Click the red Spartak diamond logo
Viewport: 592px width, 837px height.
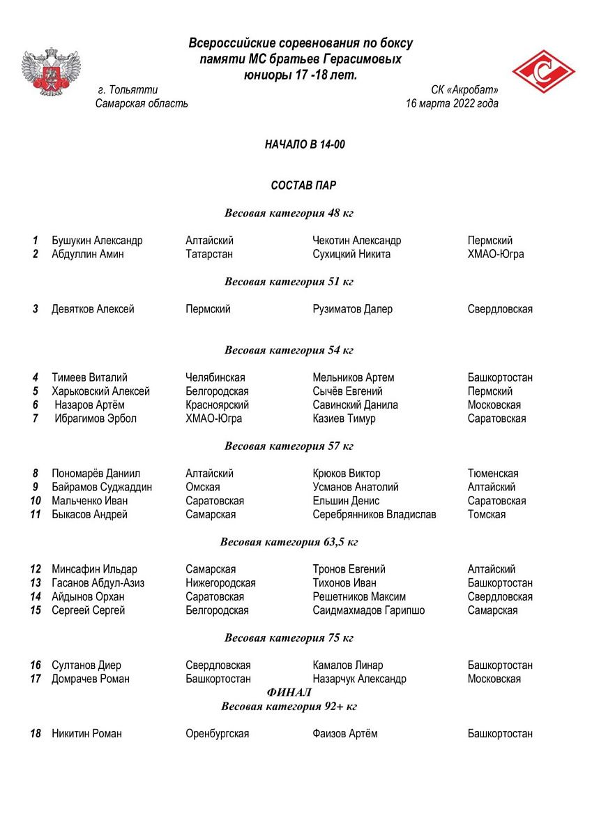click(543, 72)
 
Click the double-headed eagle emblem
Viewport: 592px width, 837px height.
click(51, 72)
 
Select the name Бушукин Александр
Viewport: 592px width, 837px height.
click(97, 241)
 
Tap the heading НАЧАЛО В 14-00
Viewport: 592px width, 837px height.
click(305, 144)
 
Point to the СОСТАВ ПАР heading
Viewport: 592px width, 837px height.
click(303, 186)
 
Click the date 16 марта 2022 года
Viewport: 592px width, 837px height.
click(452, 104)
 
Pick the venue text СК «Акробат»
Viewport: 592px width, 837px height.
click(464, 90)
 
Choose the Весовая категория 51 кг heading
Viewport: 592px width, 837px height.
click(289, 282)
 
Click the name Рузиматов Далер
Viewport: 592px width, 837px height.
click(353, 309)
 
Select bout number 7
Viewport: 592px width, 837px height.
click(35, 418)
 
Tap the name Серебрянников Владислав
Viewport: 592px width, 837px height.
click(374, 515)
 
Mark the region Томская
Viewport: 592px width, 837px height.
click(487, 515)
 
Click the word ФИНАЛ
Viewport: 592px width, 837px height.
click(289, 693)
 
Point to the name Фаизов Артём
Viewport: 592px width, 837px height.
click(345, 734)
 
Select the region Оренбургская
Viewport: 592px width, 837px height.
click(217, 734)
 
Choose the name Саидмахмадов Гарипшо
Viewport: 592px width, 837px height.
click(369, 610)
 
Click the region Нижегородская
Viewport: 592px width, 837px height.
click(220, 583)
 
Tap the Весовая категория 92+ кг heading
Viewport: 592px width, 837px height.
click(289, 707)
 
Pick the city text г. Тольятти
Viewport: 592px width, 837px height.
click(128, 90)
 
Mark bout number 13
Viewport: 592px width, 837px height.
click(36, 583)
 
